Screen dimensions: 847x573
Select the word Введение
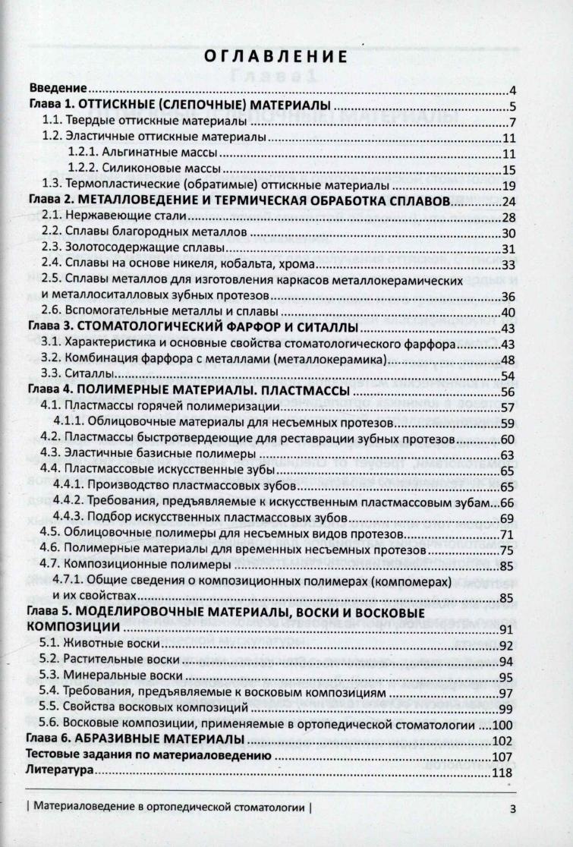pyautogui.click(x=55, y=88)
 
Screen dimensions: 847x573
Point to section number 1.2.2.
pyautogui.click(x=83, y=169)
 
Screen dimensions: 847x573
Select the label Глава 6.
pyautogui.click(x=47, y=739)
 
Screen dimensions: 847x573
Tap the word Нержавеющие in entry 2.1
pyautogui.click(x=99, y=217)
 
